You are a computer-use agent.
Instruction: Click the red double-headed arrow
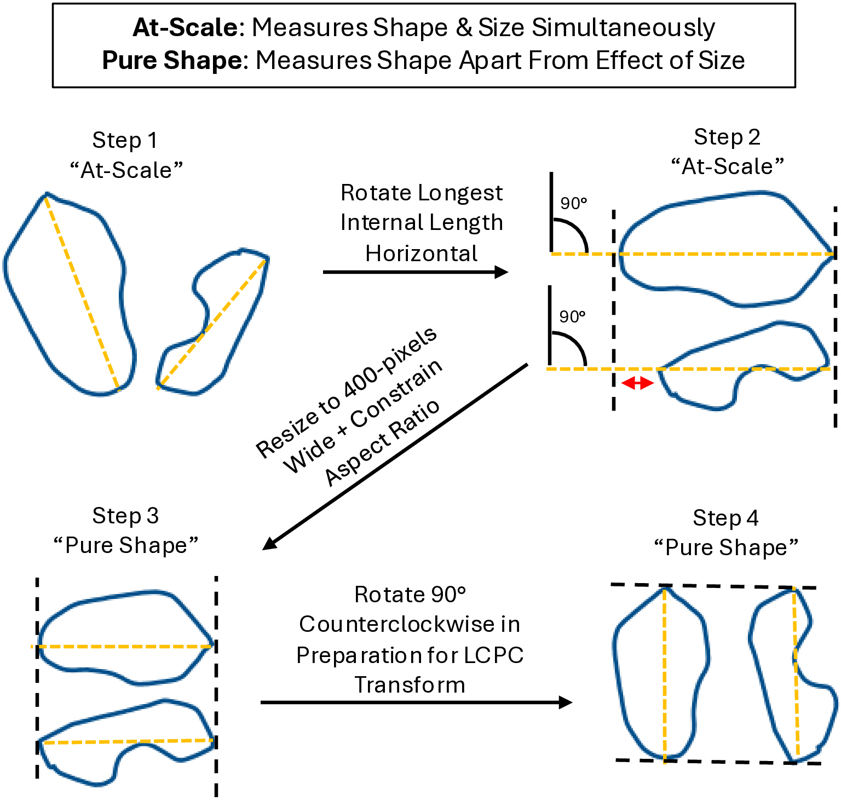click(x=638, y=383)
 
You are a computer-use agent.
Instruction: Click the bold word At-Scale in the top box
click(x=186, y=27)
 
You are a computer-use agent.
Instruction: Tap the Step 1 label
click(x=125, y=140)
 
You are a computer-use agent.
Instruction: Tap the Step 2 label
click(x=727, y=137)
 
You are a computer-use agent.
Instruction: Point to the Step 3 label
click(x=125, y=516)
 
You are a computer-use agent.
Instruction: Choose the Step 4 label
click(x=725, y=518)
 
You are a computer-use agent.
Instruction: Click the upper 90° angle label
click(x=573, y=203)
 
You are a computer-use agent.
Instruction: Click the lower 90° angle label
click(x=572, y=316)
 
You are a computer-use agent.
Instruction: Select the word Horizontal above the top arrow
click(x=421, y=253)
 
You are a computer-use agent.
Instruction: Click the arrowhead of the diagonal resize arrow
click(x=271, y=542)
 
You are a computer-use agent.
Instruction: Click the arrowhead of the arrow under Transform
click(x=565, y=702)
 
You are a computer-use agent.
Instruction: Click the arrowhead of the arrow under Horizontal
click(x=501, y=272)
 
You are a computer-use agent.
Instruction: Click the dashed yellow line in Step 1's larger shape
click(x=82, y=292)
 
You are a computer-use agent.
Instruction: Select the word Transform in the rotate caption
click(x=410, y=685)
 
